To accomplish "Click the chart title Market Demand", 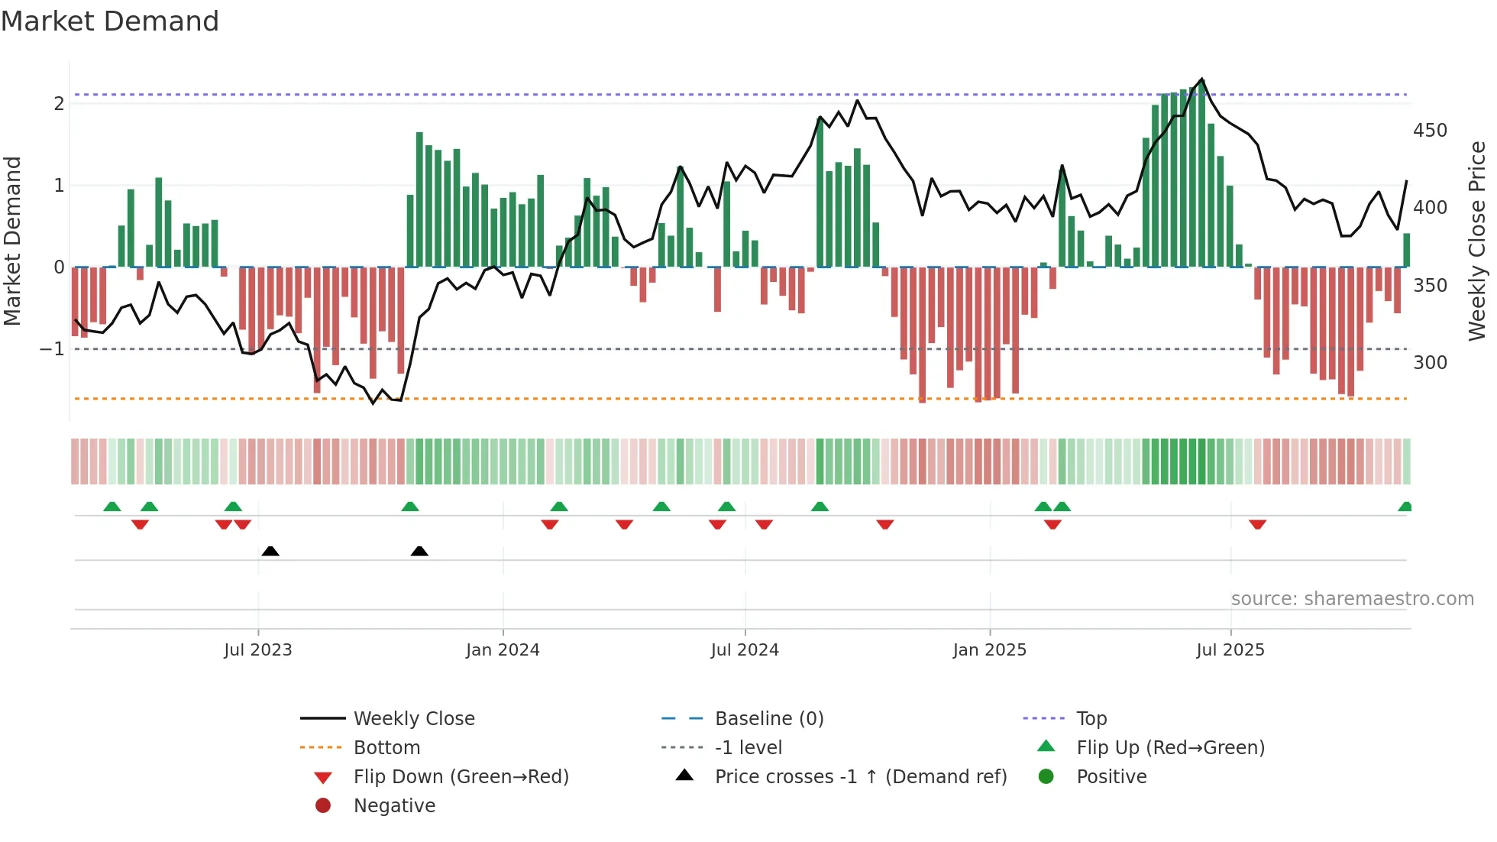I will tap(110, 21).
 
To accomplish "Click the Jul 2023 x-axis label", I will tap(258, 649).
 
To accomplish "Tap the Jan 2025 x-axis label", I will tap(989, 649).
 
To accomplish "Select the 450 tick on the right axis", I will tap(1429, 131).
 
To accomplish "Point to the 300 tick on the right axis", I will tap(1429, 362).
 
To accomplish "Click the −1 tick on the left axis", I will tap(53, 349).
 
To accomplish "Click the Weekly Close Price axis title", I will tap(1477, 241).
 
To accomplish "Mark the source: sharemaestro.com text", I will tap(1352, 598).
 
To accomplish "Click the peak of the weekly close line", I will tap(1202, 79).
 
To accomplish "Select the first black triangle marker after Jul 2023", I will tap(270, 551).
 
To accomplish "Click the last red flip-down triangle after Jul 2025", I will tap(1257, 524).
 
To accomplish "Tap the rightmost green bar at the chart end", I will tap(1406, 250).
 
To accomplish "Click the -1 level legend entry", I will tap(748, 747).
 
